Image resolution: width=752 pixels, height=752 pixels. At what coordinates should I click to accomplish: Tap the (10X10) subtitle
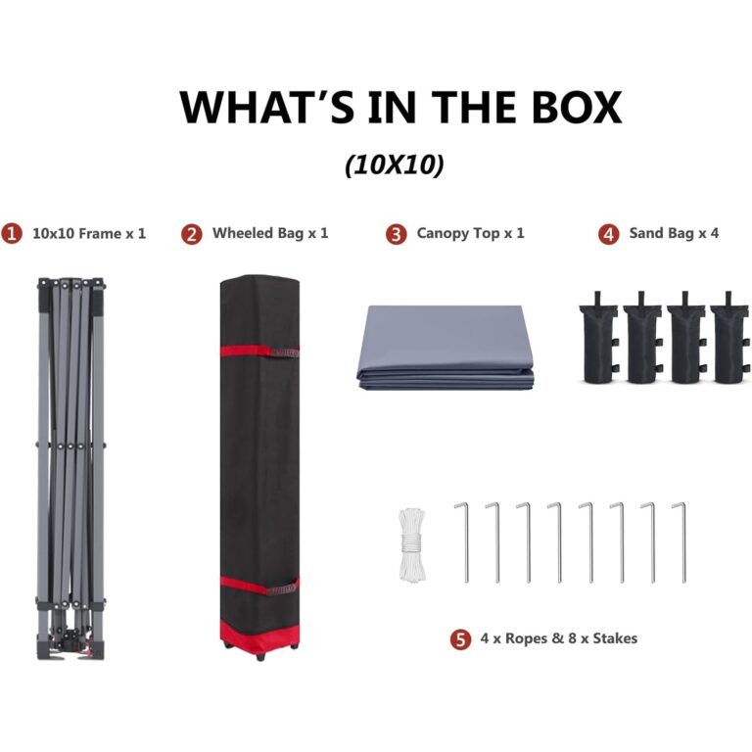pyautogui.click(x=395, y=164)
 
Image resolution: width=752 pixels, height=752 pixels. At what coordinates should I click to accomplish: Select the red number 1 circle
pyautogui.click(x=12, y=234)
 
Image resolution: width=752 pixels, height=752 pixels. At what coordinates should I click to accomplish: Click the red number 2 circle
pyautogui.click(x=192, y=234)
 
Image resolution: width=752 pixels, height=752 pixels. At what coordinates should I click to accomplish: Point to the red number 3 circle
pyautogui.click(x=397, y=234)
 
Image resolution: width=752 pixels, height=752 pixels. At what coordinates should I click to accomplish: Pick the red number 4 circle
pyautogui.click(x=609, y=234)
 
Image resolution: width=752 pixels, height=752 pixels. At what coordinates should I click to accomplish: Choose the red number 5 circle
pyautogui.click(x=460, y=639)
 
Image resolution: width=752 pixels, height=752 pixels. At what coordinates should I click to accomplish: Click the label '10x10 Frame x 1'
pyautogui.click(x=89, y=234)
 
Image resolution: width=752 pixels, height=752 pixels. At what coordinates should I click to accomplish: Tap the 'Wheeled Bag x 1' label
pyautogui.click(x=270, y=233)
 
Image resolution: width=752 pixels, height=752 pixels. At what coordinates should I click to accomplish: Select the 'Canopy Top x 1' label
pyautogui.click(x=470, y=233)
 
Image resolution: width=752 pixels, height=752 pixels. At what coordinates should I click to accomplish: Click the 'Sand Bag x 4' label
pyautogui.click(x=674, y=233)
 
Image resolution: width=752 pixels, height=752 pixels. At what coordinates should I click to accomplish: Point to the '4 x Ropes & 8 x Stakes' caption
pyautogui.click(x=559, y=638)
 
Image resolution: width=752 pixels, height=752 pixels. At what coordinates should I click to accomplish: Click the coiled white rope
pyautogui.click(x=412, y=545)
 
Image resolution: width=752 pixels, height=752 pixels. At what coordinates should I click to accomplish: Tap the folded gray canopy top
pyautogui.click(x=446, y=348)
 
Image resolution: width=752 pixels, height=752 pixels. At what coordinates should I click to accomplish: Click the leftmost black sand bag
pyautogui.click(x=598, y=338)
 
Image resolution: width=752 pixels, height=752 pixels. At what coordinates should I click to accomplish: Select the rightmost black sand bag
pyautogui.click(x=729, y=338)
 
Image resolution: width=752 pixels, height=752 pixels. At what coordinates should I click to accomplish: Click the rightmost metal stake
pyautogui.click(x=682, y=542)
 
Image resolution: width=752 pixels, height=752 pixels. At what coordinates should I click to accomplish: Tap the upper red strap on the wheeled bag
pyautogui.click(x=259, y=352)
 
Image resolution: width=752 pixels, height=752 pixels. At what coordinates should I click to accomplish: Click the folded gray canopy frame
pyautogui.click(x=70, y=469)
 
